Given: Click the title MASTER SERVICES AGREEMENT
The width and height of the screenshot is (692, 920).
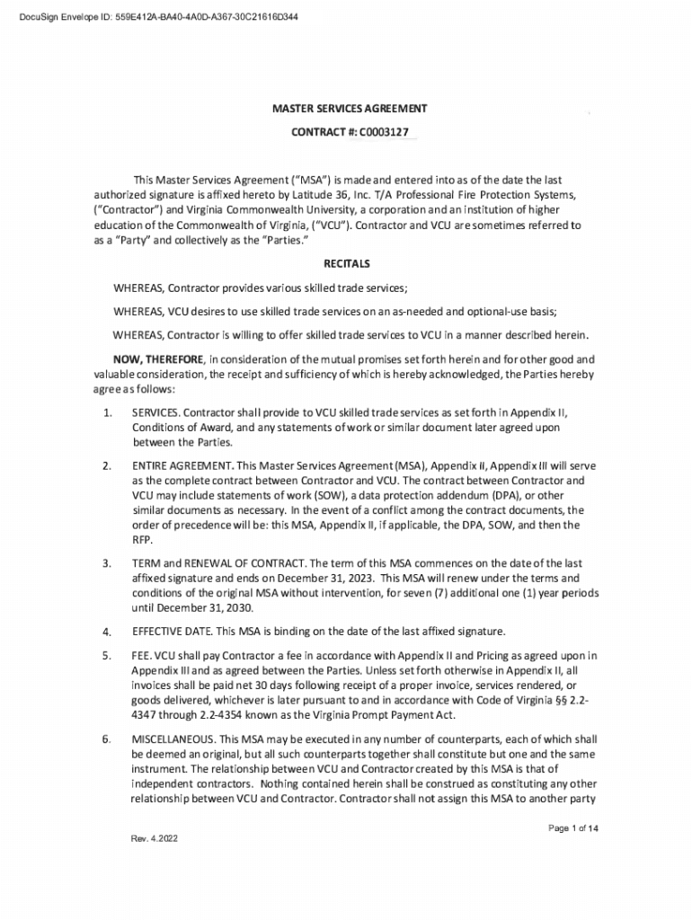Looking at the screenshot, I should click(349, 109).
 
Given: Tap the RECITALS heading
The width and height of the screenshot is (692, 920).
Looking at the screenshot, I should click(346, 264).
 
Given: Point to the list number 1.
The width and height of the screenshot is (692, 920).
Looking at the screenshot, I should click(107, 412).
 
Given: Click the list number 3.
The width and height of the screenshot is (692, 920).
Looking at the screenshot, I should click(107, 563).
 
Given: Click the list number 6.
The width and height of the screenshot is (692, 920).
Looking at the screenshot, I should click(107, 739).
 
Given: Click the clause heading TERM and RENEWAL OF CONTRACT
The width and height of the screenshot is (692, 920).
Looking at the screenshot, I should click(224, 563).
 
